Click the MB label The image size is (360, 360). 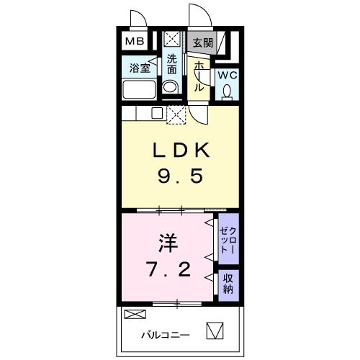135,41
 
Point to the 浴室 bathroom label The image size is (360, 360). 139,69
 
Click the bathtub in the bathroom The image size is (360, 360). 139,90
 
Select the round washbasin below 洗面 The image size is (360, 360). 171,88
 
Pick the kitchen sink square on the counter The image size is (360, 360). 156,113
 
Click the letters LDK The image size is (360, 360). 180,150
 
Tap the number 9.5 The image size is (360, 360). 180,176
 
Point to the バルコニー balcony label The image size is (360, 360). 165,335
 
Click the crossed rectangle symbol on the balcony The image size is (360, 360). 134,315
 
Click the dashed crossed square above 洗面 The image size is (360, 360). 172,40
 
